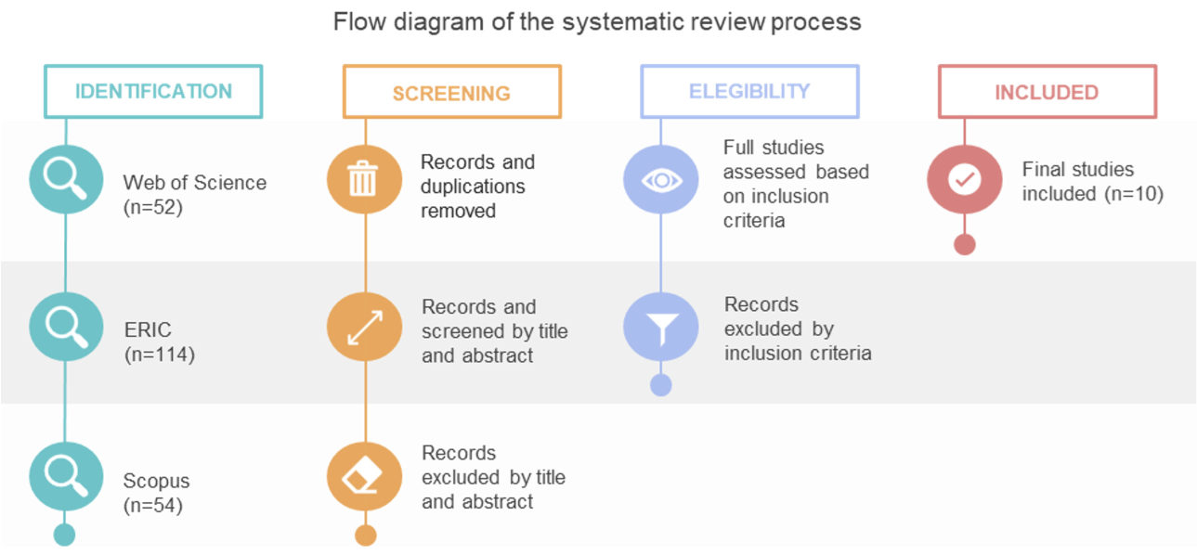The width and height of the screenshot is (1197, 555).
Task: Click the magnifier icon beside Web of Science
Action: coord(66,179)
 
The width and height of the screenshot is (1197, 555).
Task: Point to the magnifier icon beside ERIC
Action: coord(66,327)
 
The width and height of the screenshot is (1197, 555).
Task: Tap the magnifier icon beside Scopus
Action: coord(66,476)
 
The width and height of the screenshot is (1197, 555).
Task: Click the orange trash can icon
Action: coord(364,179)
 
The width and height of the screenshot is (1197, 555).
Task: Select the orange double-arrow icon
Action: coord(364,327)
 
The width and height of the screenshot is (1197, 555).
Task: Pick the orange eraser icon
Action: coord(364,476)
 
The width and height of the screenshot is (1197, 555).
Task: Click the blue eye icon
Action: coord(661,179)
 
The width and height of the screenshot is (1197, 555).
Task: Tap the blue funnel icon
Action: coord(661,327)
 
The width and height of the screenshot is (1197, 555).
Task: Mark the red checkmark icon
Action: coord(965,179)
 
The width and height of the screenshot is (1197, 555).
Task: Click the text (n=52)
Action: coord(153,207)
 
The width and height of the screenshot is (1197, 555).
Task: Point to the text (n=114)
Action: coord(160,355)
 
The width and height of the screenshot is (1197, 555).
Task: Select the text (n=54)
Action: coord(153,505)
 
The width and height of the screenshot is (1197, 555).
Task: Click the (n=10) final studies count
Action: coord(1134,193)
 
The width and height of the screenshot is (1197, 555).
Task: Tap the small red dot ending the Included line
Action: coord(965,245)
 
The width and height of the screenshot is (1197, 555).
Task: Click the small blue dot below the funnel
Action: coord(661,385)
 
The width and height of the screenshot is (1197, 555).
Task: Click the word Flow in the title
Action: coord(359,22)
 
